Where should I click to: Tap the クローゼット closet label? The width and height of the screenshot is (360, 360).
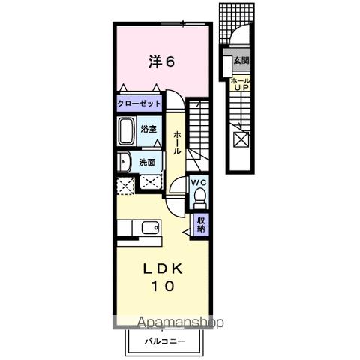(x=139, y=103)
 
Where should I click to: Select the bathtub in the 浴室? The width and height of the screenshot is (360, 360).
(x=127, y=130)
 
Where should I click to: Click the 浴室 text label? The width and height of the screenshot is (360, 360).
(x=148, y=129)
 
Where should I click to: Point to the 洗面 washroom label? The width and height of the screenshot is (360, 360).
(x=147, y=163)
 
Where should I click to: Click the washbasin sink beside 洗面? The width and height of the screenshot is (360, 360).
(x=124, y=162)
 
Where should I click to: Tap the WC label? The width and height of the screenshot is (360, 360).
(x=199, y=183)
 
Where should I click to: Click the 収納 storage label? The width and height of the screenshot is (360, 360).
(x=201, y=225)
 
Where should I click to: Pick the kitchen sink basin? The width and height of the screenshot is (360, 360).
(x=150, y=228)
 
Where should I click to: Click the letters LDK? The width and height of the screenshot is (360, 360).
(x=163, y=268)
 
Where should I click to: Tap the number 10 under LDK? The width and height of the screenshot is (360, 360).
(x=163, y=286)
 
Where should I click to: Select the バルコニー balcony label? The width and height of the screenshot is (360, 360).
(x=165, y=341)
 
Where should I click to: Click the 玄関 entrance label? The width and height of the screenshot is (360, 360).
(x=241, y=60)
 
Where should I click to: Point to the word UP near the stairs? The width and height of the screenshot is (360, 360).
(x=241, y=87)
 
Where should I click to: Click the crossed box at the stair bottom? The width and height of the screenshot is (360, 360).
(x=241, y=139)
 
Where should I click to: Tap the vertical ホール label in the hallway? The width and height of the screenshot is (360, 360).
(x=177, y=142)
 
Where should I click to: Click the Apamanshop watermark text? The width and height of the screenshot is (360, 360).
(x=180, y=322)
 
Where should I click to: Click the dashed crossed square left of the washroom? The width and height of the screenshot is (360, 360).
(x=126, y=185)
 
